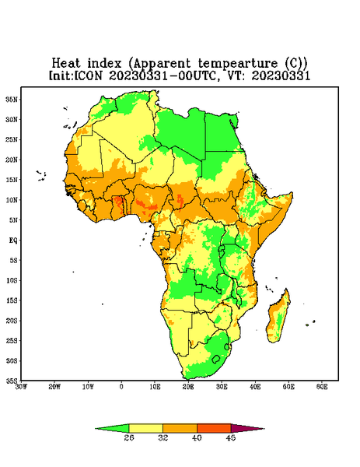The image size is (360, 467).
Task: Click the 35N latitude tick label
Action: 12,99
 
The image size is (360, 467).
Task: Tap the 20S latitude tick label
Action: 12,321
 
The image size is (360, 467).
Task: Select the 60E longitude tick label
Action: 322,387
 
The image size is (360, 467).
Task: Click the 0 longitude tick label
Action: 121,387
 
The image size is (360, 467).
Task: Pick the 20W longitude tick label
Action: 54,387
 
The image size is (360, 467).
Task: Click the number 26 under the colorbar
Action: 129,437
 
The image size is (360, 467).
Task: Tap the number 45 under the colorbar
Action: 231,437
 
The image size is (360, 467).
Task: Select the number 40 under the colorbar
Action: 197,437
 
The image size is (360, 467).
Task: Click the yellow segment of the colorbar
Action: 145,428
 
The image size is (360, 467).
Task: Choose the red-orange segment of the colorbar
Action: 214,428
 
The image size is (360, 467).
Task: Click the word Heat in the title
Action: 66,64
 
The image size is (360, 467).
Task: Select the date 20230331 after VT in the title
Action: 281,75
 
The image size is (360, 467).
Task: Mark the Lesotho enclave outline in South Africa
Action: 216,359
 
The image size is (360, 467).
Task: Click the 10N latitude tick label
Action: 12,200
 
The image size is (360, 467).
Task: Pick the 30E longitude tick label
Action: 222,387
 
